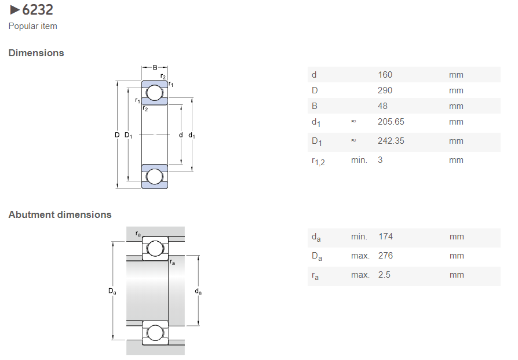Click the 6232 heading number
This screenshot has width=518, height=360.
[38, 10]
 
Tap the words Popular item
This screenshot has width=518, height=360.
[32, 26]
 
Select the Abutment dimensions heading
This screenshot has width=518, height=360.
[60, 214]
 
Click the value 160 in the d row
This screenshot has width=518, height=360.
[385, 75]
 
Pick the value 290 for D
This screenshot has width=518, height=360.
[385, 90]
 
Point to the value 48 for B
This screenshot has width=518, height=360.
[382, 106]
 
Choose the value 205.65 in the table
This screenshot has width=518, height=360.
[391, 122]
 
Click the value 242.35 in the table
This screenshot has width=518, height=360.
[391, 141]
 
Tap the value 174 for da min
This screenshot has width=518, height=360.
[385, 237]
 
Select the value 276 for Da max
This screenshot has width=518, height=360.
[385, 256]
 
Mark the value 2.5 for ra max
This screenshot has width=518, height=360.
[384, 275]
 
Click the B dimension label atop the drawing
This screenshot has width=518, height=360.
[155, 68]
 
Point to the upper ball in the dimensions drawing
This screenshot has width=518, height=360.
[155, 93]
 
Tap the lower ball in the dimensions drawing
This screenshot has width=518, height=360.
[155, 176]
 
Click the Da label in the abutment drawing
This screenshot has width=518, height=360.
[112, 291]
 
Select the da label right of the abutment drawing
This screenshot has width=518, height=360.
[198, 291]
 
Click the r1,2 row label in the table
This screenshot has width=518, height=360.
[318, 161]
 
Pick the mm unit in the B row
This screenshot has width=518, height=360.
[456, 106]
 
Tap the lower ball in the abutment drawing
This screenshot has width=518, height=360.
[155, 333]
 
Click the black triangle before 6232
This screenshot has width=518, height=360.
[14, 10]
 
